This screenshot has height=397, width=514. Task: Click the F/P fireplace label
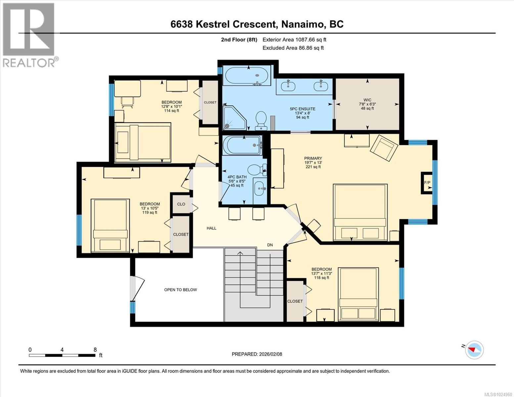click(x=427, y=183)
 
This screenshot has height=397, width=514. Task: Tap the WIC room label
click(x=367, y=100)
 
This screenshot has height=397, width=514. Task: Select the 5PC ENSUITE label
click(x=303, y=109)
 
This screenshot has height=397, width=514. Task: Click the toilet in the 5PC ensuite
click(x=261, y=120)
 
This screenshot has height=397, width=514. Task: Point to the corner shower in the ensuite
click(x=234, y=118)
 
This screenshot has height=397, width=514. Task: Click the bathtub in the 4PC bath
click(x=242, y=146)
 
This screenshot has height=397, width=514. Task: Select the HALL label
click(x=211, y=228)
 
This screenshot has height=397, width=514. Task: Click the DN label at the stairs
click(x=270, y=245)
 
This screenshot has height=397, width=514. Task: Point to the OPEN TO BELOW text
click(x=180, y=290)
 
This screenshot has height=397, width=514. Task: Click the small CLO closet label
click(x=181, y=204)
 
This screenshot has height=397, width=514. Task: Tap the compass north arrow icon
click(x=474, y=350)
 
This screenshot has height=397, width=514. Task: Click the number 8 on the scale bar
click(x=95, y=350)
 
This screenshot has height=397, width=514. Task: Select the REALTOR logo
click(x=29, y=35)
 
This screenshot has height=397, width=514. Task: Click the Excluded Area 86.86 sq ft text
click(x=293, y=48)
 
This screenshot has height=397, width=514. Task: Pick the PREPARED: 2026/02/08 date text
click(x=257, y=354)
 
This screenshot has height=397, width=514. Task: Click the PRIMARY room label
click(x=313, y=158)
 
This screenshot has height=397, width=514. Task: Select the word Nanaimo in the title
click(x=303, y=24)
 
